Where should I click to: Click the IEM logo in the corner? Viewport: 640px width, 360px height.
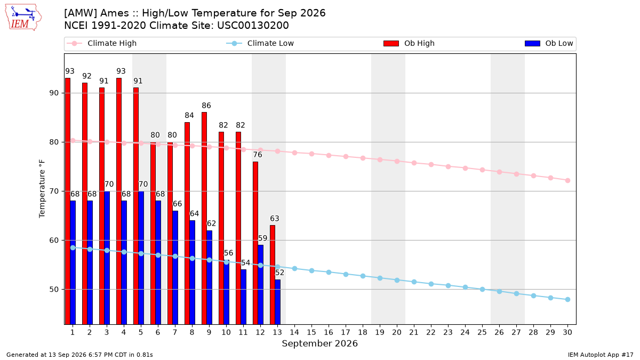23,18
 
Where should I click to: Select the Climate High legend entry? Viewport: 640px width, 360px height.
101,43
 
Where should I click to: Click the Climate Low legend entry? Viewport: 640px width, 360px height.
260,43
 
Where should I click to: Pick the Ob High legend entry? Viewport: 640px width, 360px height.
409,43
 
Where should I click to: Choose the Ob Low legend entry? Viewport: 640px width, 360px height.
549,43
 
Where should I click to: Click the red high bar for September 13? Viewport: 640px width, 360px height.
273,275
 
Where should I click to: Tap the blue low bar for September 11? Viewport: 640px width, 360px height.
243,297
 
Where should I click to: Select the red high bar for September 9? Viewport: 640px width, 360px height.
204,218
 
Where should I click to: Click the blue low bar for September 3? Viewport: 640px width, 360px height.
107,258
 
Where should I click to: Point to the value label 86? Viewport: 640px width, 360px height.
206,106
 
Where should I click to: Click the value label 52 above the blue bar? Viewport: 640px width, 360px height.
279,273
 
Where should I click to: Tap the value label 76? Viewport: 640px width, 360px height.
258,155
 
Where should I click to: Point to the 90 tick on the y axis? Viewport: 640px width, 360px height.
54,93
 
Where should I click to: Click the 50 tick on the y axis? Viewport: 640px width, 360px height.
54,290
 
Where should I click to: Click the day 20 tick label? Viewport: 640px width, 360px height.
397,332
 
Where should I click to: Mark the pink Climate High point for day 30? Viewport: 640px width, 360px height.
567,181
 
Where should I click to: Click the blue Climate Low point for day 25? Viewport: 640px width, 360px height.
482,290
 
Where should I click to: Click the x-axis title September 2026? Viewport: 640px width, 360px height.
319,343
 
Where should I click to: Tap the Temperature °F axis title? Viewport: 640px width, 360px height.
42,189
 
